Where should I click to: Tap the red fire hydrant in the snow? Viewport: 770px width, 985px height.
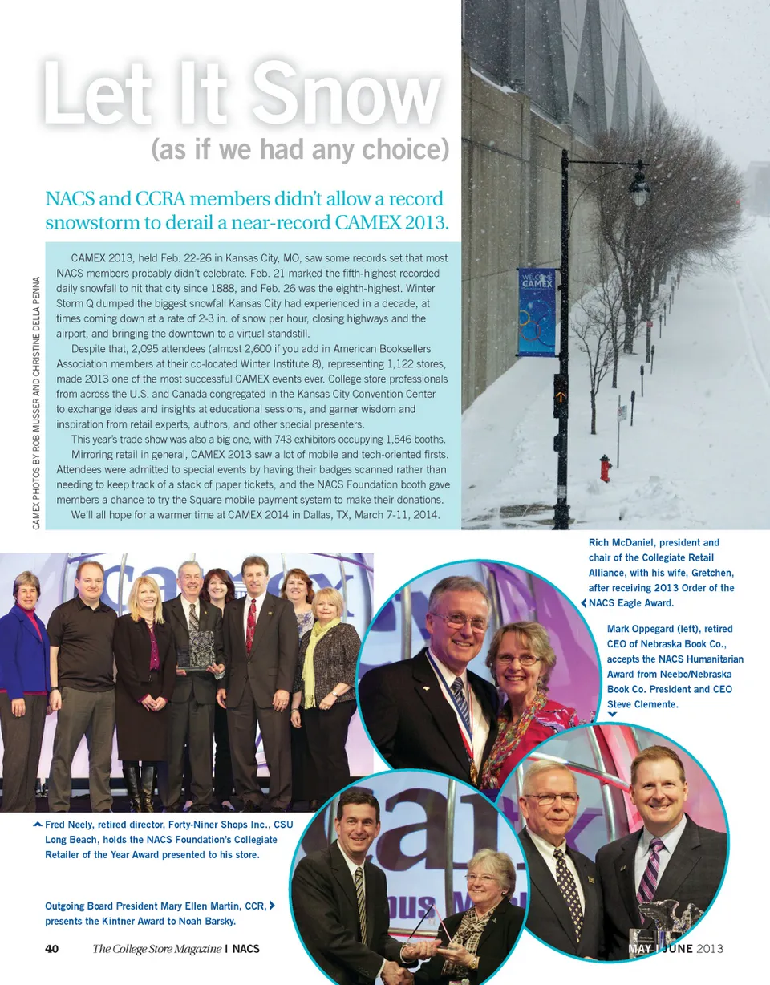606,467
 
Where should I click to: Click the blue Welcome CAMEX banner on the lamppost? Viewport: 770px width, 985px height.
536,311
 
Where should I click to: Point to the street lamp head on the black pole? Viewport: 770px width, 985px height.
638,188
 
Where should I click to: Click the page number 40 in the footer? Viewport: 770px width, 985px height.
52,949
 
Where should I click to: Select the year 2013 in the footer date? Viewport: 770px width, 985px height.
709,949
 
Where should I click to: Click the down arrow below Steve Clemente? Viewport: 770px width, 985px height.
612,715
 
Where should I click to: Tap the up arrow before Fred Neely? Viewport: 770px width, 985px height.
38,825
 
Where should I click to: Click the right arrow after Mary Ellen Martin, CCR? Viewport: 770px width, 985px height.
274,906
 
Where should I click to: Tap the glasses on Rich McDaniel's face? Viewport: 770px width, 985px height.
460,621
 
